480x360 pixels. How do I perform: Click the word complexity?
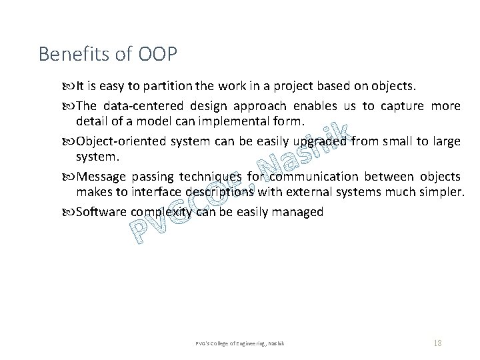(161, 213)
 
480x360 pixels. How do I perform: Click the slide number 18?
(437, 343)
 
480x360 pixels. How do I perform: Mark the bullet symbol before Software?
(71, 213)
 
